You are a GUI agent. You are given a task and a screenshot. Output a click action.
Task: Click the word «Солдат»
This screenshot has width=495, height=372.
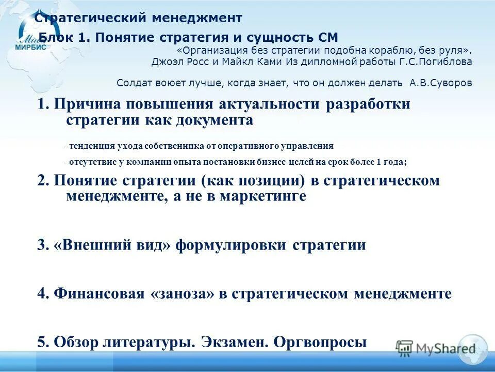(x=133, y=83)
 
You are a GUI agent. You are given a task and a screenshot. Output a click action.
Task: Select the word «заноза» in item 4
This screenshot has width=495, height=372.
(x=181, y=294)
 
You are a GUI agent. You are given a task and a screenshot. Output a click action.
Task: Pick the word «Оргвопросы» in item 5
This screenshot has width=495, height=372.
(x=320, y=342)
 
